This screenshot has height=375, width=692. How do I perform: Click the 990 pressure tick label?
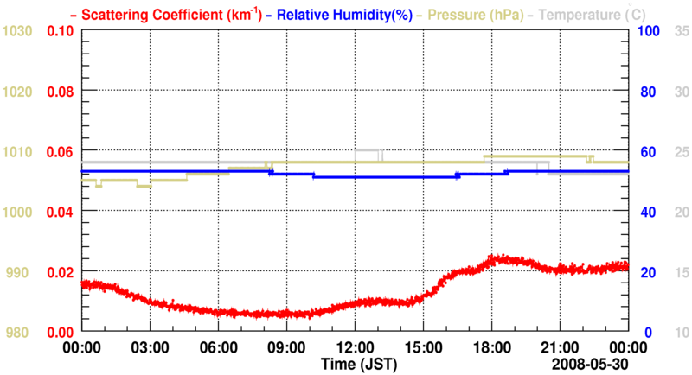click(x=22, y=272)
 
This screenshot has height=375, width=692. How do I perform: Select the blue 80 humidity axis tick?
click(x=648, y=91)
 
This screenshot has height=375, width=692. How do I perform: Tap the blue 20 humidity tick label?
click(x=648, y=272)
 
